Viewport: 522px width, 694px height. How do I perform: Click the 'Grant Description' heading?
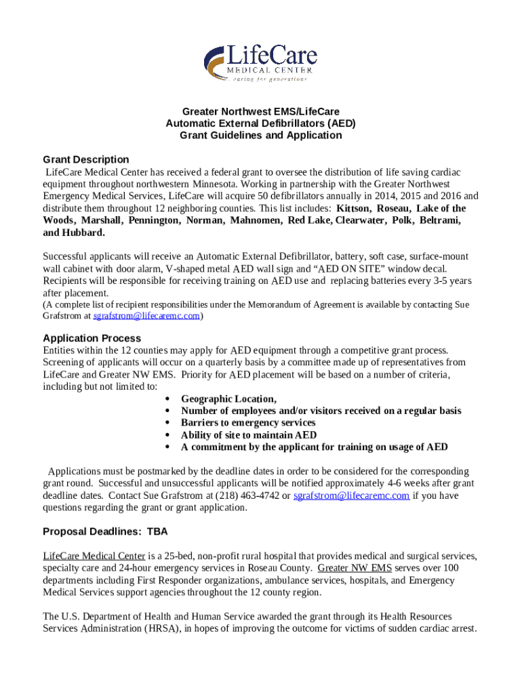85,160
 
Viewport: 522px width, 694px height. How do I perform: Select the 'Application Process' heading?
92,338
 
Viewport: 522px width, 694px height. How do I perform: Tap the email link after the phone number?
351,495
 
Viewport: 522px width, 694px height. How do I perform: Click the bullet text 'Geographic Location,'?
228,399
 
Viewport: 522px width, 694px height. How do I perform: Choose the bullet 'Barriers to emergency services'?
248,423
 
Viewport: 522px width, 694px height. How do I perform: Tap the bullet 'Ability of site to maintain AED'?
248,435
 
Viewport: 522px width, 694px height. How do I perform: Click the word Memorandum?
277,304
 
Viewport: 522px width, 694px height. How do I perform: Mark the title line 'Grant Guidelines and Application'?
260,136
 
